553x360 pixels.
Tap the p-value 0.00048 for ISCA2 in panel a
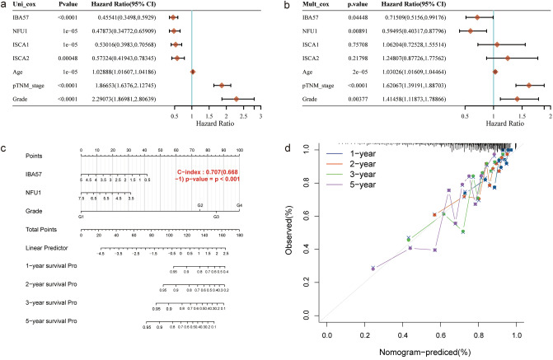pyautogui.click(x=79, y=58)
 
